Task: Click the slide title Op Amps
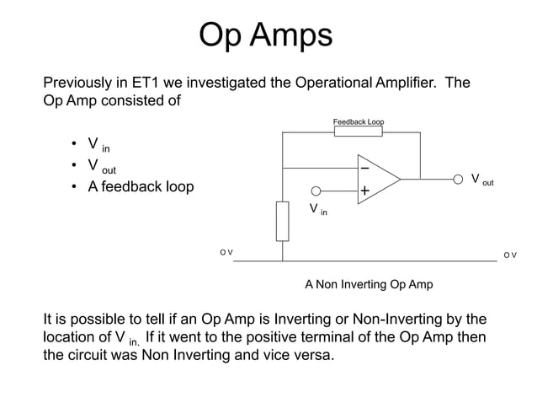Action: point(265,35)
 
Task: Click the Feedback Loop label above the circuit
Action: point(359,122)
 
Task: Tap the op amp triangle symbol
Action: point(376,179)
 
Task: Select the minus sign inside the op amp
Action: point(364,169)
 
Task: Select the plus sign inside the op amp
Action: point(364,191)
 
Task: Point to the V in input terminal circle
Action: point(316,191)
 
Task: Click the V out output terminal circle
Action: point(458,179)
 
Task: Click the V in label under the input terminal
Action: point(317,209)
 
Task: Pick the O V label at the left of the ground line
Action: point(226,253)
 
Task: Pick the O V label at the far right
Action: point(509,254)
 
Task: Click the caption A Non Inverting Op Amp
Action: point(369,284)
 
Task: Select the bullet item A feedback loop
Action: point(141,186)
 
